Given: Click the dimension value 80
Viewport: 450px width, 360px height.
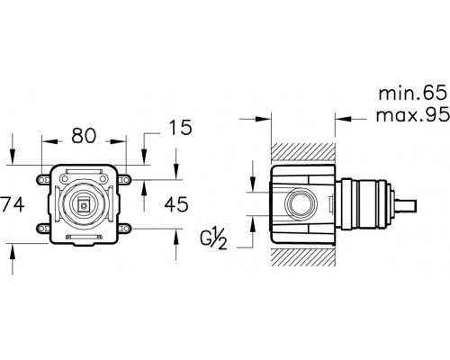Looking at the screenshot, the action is [x=84, y=135].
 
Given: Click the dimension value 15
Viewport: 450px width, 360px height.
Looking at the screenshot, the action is [x=180, y=128].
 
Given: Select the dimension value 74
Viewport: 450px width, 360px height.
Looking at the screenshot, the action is [x=12, y=204].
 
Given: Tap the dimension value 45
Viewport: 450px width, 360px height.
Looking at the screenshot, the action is [x=176, y=204].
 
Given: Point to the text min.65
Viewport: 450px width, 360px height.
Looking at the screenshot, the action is [x=413, y=94].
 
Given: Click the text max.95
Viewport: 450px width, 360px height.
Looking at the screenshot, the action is [x=413, y=114].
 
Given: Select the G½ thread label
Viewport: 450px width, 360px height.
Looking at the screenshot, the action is [x=213, y=238].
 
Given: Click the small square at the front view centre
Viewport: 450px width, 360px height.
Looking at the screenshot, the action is [x=84, y=206].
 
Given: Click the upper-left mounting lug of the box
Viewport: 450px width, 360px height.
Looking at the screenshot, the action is [x=43, y=180].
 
